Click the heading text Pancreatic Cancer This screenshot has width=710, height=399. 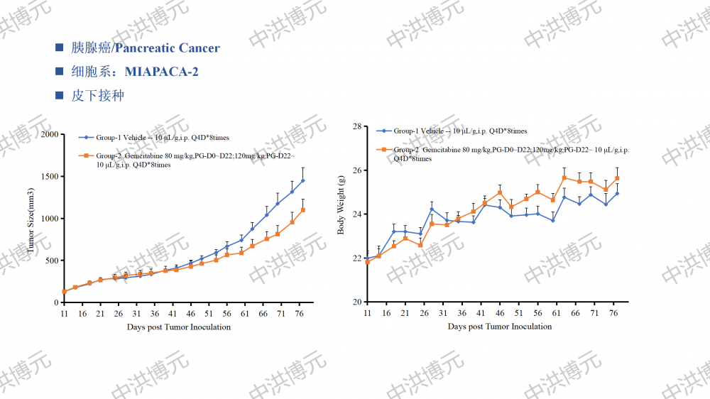coord(168,48)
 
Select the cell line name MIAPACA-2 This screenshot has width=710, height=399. coord(161,72)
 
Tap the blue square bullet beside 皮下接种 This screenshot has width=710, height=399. coord(60,95)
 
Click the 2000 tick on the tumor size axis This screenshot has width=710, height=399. coord(50,134)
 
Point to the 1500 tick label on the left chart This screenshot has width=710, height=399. coord(50,176)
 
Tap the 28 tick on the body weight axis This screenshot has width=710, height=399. coord(357,126)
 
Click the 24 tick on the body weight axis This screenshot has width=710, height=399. coord(357,214)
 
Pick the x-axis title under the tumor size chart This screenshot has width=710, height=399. coord(179,327)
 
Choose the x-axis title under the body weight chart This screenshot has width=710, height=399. coord(500,327)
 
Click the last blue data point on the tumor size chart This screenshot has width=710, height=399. coord(302,180)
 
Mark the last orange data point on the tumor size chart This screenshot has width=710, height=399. coord(302,210)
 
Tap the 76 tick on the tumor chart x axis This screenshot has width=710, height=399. coord(299,313)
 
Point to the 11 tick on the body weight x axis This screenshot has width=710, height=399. coord(367,313)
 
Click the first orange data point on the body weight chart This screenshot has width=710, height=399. coord(367,262)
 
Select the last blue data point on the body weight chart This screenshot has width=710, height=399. coord(617,193)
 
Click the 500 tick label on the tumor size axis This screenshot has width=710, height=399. coord(52,261)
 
